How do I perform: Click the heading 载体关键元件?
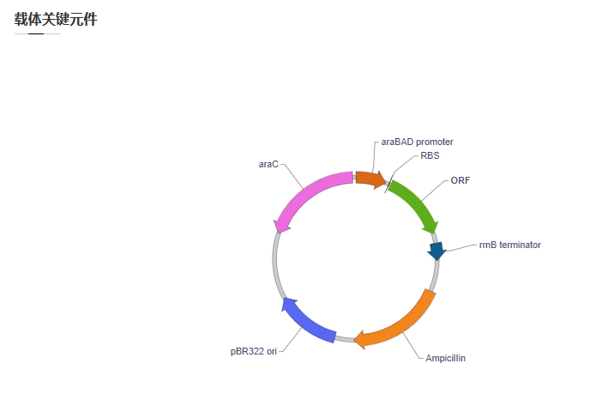coord(56,20)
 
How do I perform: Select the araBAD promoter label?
coord(417,142)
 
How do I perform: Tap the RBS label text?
coord(430,155)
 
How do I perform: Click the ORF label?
coord(461,180)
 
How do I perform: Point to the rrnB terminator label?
coord(509,245)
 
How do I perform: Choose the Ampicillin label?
coord(445,358)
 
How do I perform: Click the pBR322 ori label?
coord(254,351)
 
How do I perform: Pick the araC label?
coord(268,164)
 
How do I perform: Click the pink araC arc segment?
coord(308,191)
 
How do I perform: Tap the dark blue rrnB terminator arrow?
coord(436,251)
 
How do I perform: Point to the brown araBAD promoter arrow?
coord(370,179)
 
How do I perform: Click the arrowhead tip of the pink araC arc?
coord(280,233)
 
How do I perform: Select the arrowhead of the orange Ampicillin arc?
coord(359,339)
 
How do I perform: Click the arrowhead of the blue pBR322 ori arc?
coord(287,303)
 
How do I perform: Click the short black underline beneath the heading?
coord(36,33)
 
